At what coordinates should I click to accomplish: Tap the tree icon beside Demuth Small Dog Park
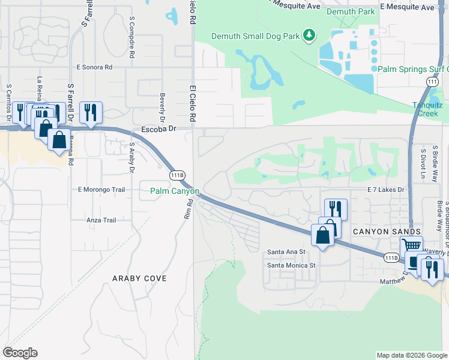pos(309,35)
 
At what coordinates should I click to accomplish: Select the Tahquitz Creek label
pos(430,109)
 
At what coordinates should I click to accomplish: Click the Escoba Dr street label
pos(158,129)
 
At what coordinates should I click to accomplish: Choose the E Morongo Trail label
pos(101,190)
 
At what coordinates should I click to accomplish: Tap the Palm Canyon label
pos(175,191)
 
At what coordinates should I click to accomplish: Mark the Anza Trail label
pos(101,220)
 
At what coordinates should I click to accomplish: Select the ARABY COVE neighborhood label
pos(139,278)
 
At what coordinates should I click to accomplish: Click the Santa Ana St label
pos(286,252)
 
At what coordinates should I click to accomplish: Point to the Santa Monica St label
pos(291,265)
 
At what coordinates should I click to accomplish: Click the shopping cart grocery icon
pos(411,245)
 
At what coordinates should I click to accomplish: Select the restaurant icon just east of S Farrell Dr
pos(91,111)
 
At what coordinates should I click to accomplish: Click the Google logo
pos(20,353)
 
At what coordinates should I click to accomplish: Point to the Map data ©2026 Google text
pos(412,355)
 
